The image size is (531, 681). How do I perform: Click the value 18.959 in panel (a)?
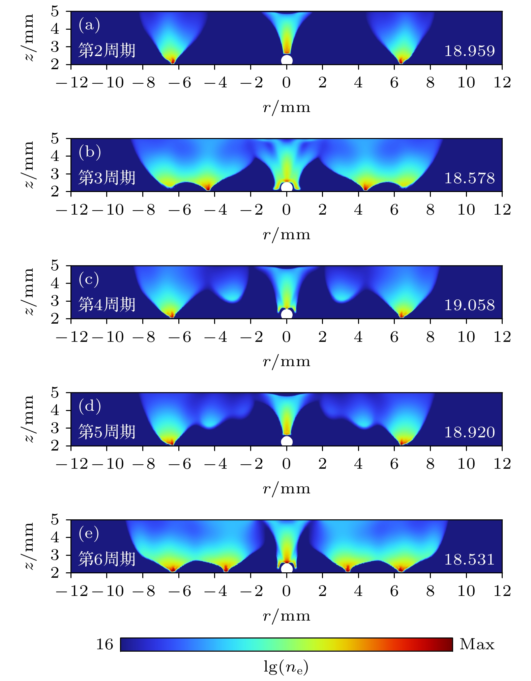click(469, 51)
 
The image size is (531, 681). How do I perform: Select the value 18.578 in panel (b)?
click(469, 178)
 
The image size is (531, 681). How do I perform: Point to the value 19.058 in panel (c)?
click(469, 305)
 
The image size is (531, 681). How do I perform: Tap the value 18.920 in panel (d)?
click(469, 432)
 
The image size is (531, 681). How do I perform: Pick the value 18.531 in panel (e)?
click(469, 560)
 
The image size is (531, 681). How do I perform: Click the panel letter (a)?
click(89, 25)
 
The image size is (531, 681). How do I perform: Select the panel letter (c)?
click(89, 279)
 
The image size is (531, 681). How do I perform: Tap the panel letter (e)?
click(89, 534)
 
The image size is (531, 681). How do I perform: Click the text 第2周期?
click(107, 51)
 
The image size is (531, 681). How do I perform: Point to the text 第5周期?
click(107, 432)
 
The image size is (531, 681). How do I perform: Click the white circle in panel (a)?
click(287, 60)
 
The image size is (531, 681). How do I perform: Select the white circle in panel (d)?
click(287, 441)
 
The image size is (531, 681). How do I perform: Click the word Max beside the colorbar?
click(477, 644)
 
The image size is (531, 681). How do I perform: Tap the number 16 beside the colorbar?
click(105, 645)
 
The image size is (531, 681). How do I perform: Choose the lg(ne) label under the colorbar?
click(286, 667)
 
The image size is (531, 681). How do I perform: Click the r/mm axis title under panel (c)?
click(287, 361)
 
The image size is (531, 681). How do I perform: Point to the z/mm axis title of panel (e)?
click(29, 546)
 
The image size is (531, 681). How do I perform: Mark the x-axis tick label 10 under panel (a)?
click(466, 83)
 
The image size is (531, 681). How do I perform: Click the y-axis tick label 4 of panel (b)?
click(55, 156)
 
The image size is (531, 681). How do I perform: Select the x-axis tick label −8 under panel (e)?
click(144, 591)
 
